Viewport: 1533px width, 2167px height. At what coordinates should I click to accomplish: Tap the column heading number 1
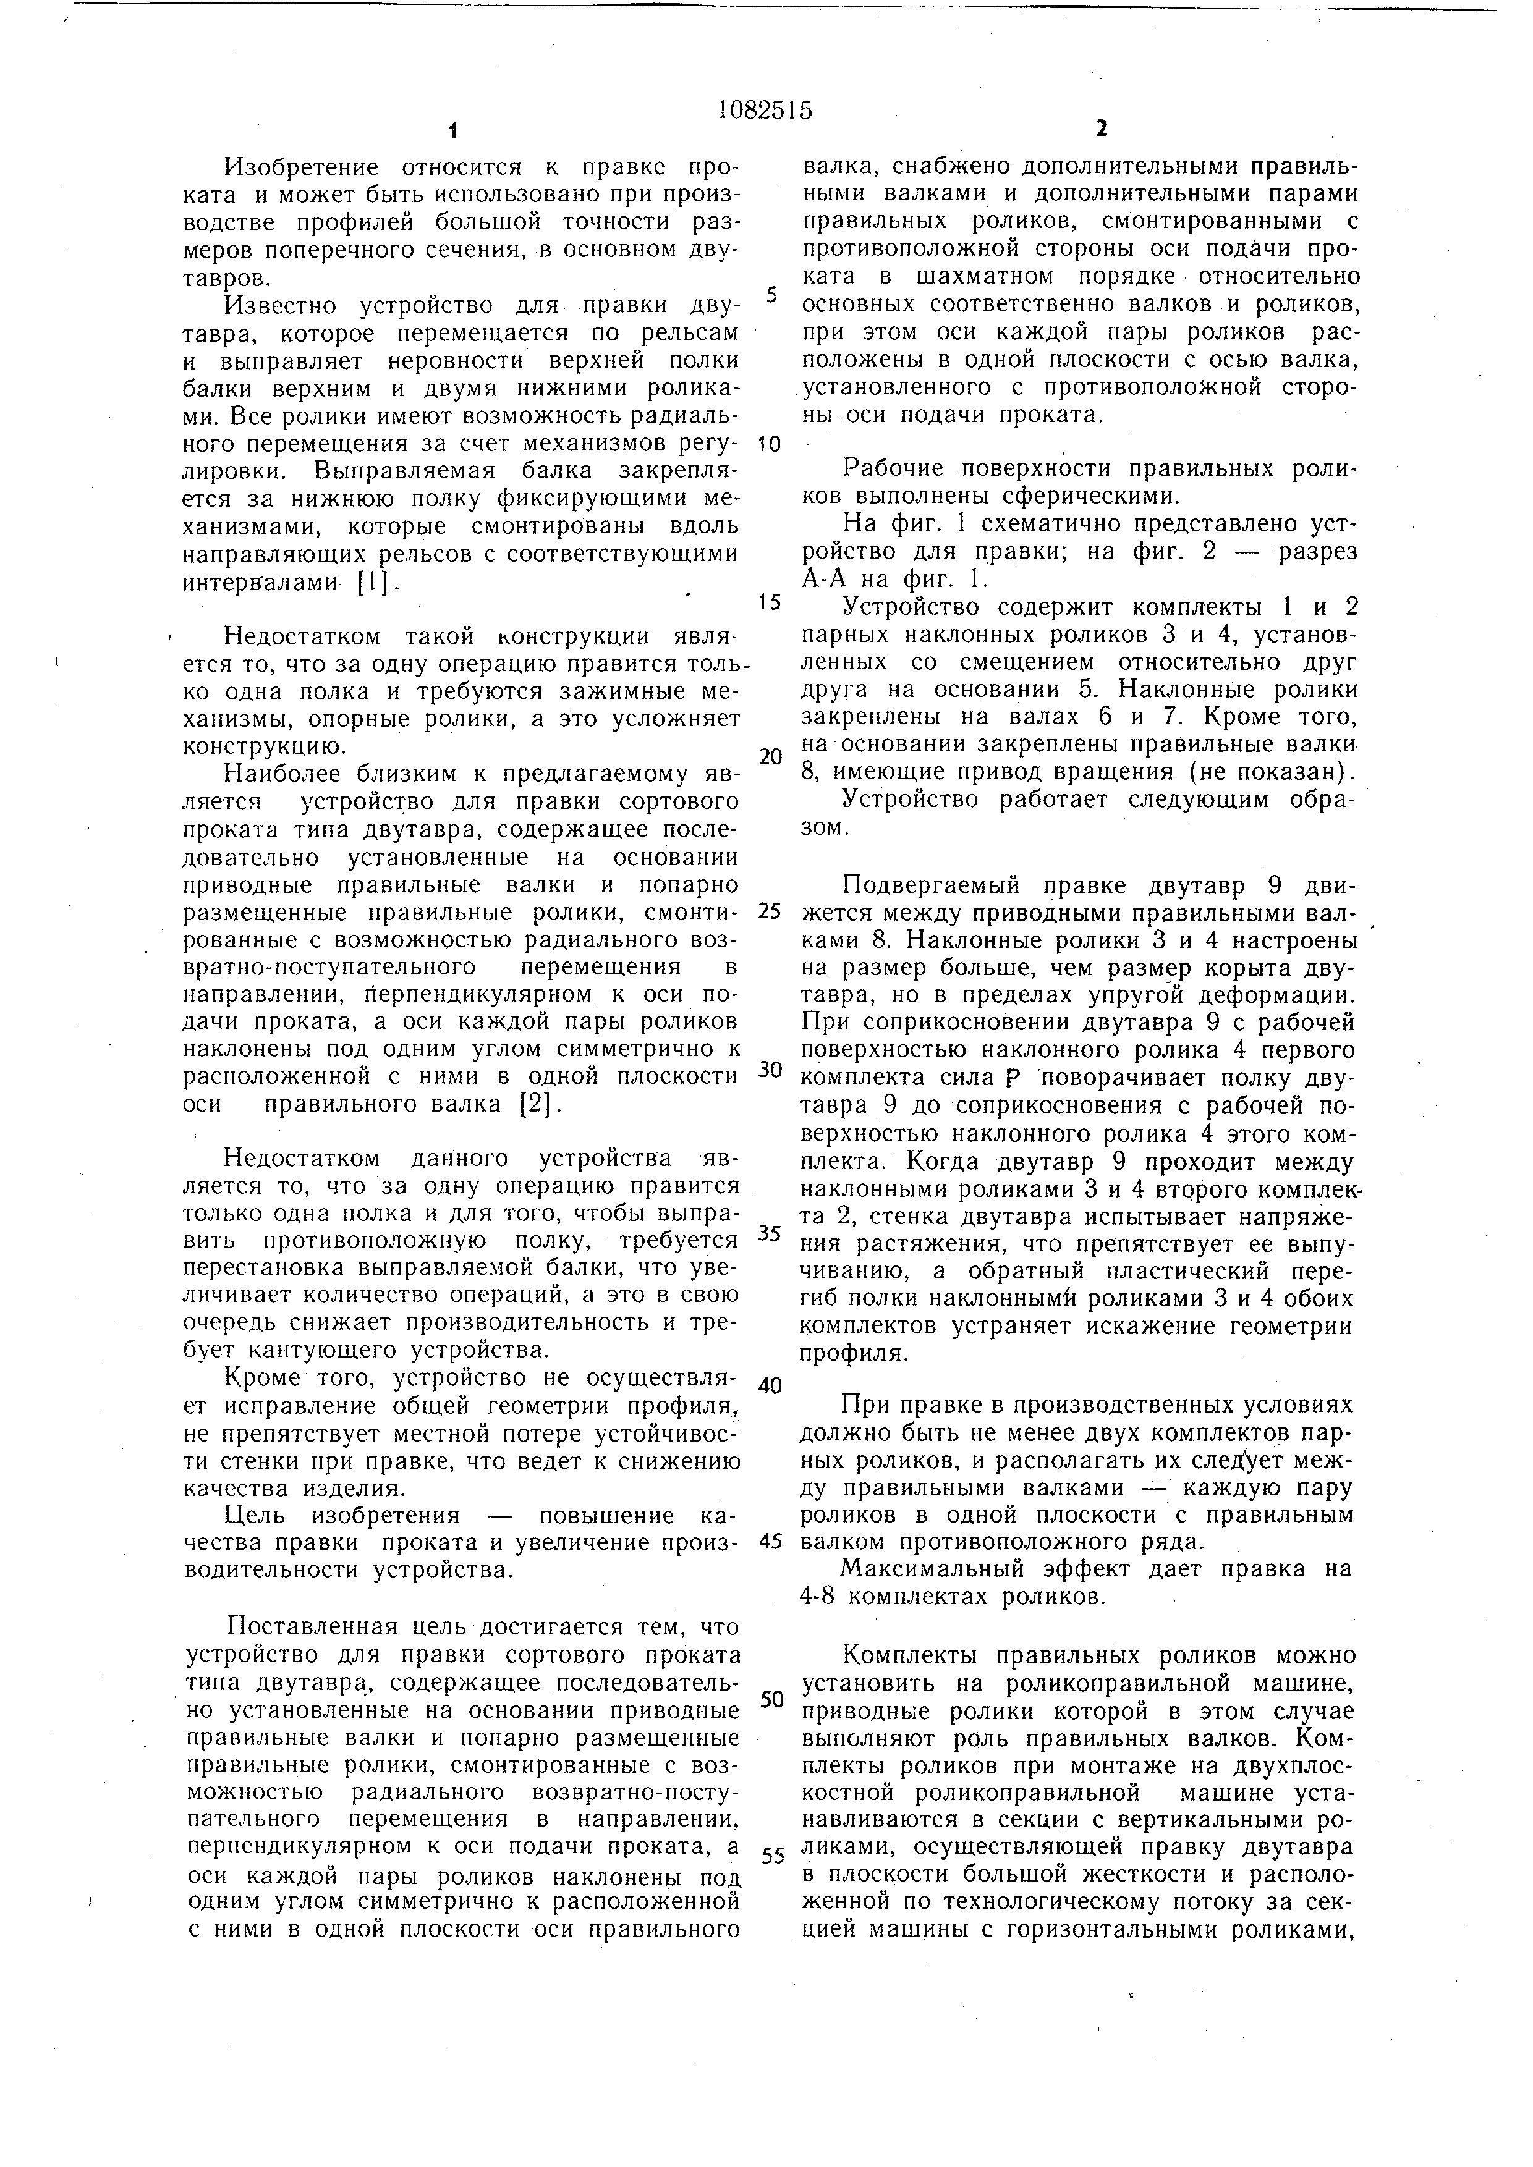(453, 130)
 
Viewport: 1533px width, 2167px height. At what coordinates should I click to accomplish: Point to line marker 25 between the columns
(770, 911)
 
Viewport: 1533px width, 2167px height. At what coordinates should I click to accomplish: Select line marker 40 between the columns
(770, 1385)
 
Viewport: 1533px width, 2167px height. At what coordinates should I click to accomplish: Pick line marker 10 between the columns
(770, 444)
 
